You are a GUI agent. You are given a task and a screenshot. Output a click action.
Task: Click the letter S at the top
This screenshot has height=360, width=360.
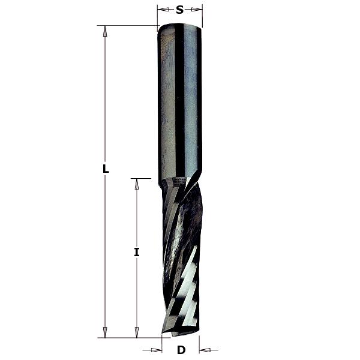point(180,9)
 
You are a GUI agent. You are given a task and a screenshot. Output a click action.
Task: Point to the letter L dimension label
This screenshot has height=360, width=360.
point(106,169)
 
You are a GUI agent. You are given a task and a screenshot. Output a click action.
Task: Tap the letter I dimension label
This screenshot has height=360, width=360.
point(137,253)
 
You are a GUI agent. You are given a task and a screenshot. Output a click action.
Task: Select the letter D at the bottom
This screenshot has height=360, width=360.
point(181,350)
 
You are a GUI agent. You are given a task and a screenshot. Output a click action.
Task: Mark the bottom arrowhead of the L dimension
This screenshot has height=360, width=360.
point(106,332)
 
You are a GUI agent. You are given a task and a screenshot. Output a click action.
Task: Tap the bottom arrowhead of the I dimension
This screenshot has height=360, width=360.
point(137,332)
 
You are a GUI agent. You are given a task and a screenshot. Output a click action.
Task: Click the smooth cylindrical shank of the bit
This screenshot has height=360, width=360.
point(180,102)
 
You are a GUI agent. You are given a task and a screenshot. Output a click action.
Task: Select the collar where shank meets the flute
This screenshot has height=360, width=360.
point(179,180)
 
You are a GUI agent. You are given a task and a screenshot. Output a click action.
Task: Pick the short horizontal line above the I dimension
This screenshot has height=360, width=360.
point(140,178)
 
